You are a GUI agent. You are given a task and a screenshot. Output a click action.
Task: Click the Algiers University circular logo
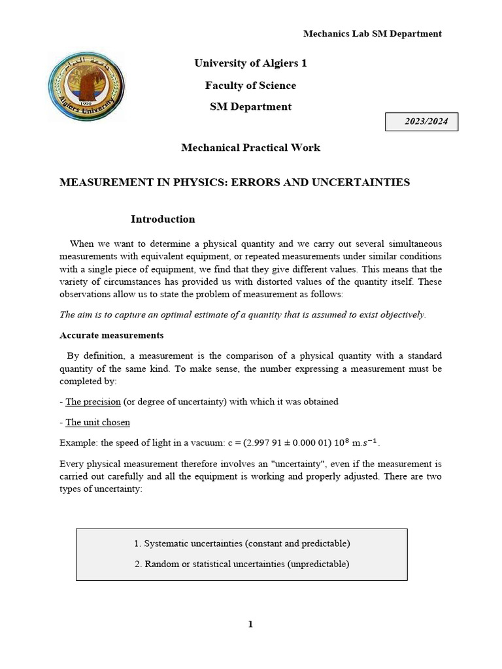point(86,87)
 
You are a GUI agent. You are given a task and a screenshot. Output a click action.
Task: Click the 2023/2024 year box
point(421,122)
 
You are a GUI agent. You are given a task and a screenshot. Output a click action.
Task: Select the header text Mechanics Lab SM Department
point(372,33)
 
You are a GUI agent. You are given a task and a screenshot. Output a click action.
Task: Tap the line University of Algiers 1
point(250,63)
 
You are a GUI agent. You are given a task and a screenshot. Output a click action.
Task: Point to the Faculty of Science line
point(250,86)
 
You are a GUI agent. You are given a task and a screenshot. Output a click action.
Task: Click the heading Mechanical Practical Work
point(250,148)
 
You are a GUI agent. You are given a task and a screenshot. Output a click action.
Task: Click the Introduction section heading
point(163,220)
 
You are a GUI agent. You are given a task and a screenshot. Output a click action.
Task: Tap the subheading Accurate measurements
point(111,335)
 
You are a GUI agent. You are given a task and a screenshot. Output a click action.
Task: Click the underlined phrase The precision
point(93,402)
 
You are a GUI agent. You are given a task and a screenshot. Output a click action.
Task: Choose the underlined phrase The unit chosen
point(97,422)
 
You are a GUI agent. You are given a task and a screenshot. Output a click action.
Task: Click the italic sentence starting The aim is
point(243,315)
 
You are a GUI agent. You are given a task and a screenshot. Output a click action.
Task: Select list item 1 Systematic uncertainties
point(242,544)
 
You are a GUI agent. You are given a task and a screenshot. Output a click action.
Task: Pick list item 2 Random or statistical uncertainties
point(242,564)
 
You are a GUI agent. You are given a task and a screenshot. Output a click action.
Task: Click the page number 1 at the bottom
point(250,625)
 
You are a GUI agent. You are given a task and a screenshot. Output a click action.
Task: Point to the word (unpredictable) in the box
point(318,564)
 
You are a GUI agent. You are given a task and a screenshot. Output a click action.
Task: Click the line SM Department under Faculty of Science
point(250,107)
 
